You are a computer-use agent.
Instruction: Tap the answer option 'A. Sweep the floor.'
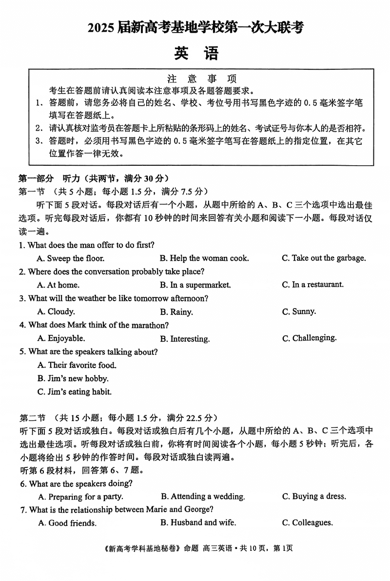(x=71, y=258)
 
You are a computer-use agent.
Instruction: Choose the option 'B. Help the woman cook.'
(x=204, y=258)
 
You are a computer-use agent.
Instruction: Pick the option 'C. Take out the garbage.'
(x=324, y=258)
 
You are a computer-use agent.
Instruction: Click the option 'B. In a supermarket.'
(x=195, y=285)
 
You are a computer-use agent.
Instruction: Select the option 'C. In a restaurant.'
(x=312, y=284)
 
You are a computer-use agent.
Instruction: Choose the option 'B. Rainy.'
(x=176, y=312)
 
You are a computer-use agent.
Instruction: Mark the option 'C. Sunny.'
(x=299, y=311)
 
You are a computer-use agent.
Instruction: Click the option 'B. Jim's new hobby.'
(x=73, y=378)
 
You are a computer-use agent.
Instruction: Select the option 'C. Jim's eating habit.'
(x=75, y=391)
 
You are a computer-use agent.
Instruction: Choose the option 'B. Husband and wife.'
(x=198, y=523)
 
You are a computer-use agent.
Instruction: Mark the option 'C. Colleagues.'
(x=307, y=523)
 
